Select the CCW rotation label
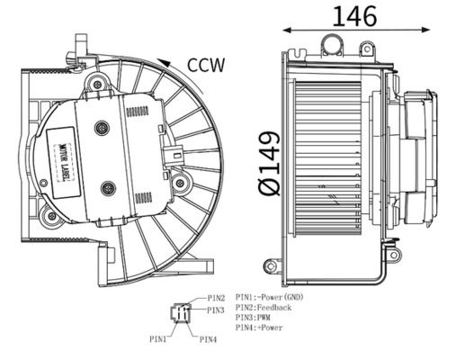point(205,65)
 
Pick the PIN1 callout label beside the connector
point(158,339)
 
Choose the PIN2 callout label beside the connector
point(216,298)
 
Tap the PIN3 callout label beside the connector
point(216,310)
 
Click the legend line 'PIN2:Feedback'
point(264,308)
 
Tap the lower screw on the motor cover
point(109,188)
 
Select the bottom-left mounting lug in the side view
point(272,265)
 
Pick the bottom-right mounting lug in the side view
point(393,256)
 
